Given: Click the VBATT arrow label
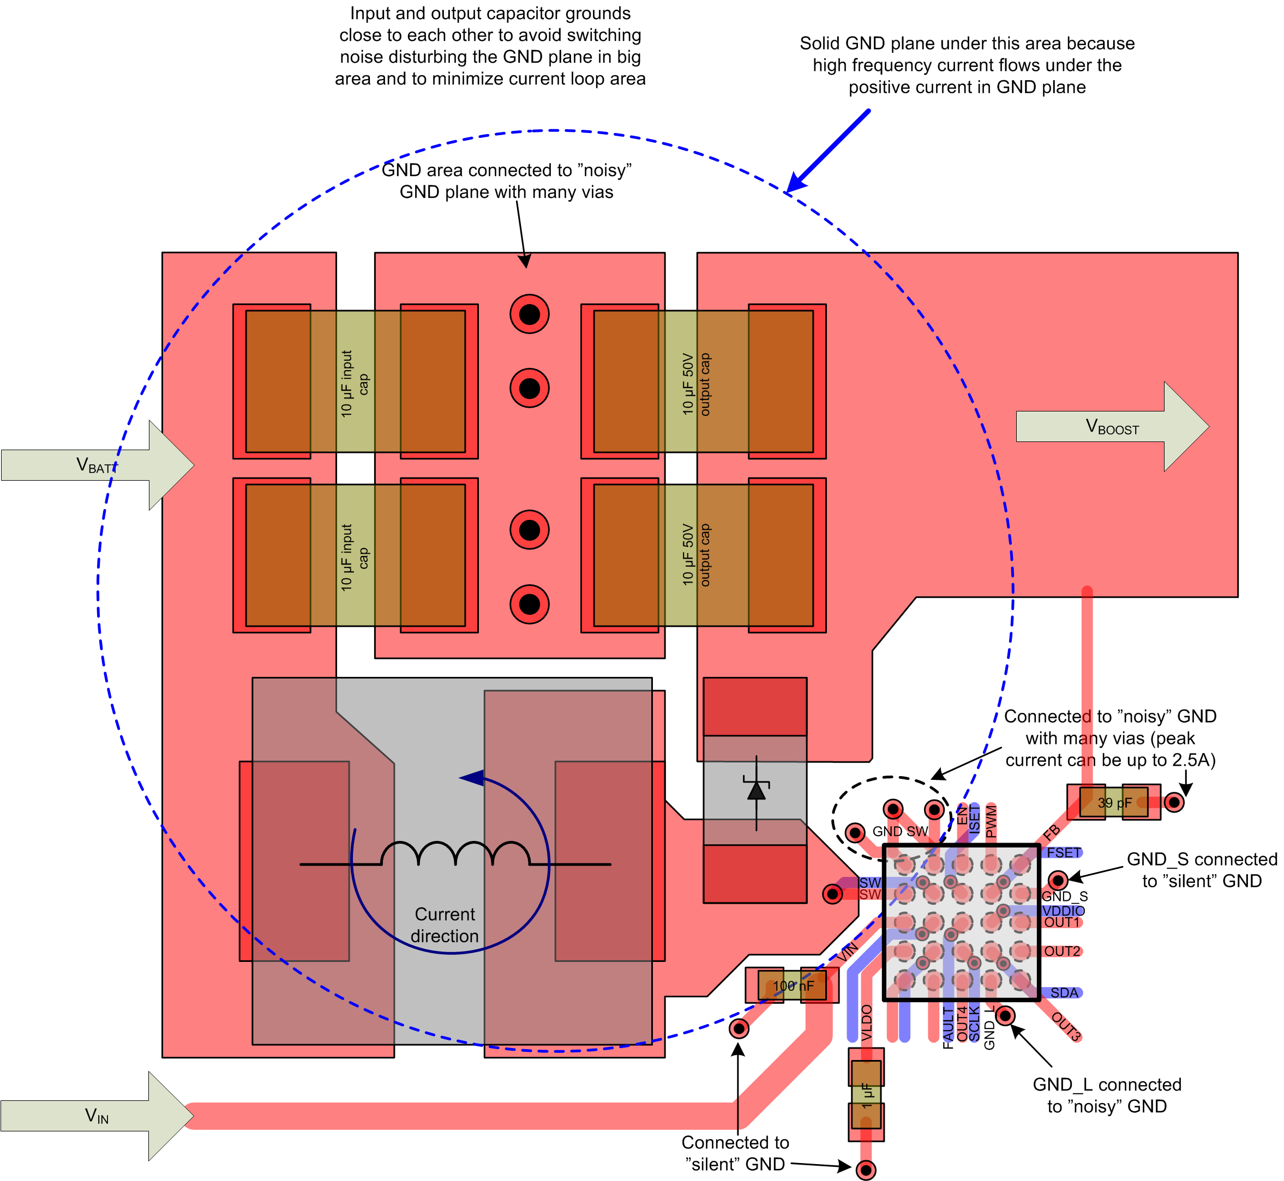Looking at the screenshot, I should (x=96, y=465).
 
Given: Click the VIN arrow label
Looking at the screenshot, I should (x=96, y=1116).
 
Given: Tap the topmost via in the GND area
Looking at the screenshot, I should (x=530, y=314).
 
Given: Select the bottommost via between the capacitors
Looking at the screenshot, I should (x=530, y=604).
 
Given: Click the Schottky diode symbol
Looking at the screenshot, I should (x=757, y=791).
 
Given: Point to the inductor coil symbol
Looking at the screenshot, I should (x=455, y=854).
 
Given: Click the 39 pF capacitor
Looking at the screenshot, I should (x=1114, y=803).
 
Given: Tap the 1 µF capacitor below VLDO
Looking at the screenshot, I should (x=866, y=1095).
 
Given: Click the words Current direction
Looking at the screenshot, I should (x=445, y=925).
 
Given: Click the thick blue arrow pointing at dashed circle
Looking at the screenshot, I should (x=828, y=152).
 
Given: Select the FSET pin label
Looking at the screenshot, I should (x=1064, y=852).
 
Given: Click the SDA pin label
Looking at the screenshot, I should (x=1064, y=992).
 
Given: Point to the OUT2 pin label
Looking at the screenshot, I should (x=1062, y=951).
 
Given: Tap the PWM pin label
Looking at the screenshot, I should (x=991, y=821).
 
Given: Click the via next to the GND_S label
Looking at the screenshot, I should (x=1058, y=880).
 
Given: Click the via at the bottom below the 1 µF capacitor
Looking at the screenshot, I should (x=866, y=1170).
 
